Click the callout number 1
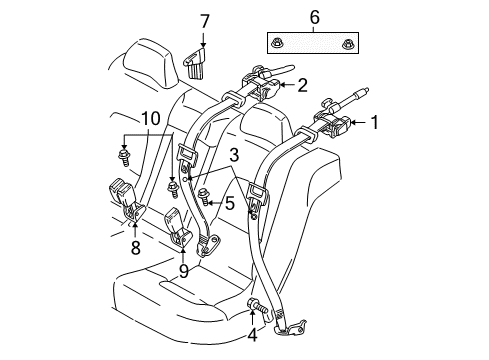point(375,124)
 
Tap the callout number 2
point(301,85)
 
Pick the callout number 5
point(229,203)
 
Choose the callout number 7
point(204,20)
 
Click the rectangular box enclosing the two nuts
point(312,42)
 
